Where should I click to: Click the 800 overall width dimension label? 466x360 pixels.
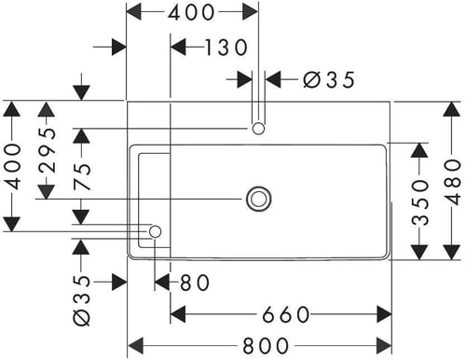pos(266,345)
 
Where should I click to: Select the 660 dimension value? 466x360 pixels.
pos(286,314)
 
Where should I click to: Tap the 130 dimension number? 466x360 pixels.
pos(226,48)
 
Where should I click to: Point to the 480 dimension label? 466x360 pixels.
pos(452,182)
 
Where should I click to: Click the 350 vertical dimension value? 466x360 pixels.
pos(420,202)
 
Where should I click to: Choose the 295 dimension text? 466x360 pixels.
pos(47,150)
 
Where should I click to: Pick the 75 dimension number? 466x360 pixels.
pos(82,176)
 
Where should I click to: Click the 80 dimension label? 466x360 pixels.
pos(195,283)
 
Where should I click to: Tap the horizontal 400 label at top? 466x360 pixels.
pos(191,13)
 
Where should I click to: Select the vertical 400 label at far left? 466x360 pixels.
pos(13,166)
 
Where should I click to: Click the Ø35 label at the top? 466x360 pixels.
pos(329,79)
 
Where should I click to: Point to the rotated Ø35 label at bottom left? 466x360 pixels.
pos(82,300)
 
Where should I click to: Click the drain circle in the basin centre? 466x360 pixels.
pos(258,199)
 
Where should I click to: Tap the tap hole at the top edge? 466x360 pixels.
pos(258,129)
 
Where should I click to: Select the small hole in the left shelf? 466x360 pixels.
pos(155,231)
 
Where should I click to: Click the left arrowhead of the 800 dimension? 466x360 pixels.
pos(136,345)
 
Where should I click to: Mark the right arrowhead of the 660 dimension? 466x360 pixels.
pos(384,314)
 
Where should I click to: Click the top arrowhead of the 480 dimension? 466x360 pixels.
pos(452,109)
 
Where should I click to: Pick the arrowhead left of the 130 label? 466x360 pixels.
pos(179,48)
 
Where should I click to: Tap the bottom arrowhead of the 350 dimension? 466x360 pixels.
pos(419,252)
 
